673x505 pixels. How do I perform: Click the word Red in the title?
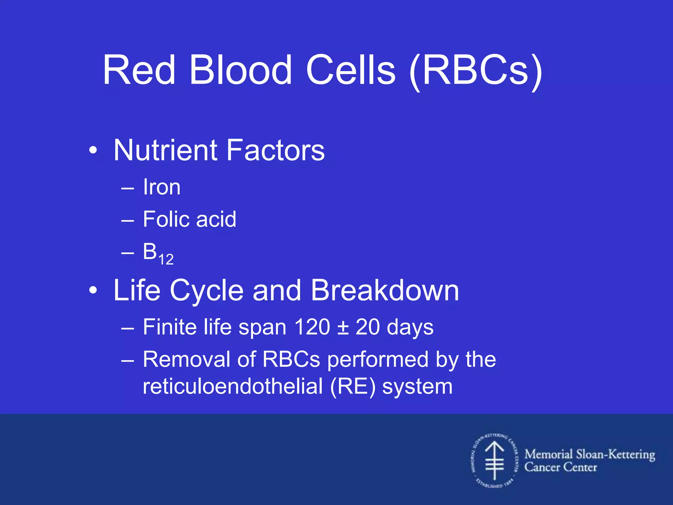[139, 70]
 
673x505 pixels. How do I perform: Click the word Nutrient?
[165, 150]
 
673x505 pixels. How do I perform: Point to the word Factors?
[276, 150]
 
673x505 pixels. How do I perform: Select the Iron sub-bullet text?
[162, 187]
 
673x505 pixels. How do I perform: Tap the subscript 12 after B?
[166, 260]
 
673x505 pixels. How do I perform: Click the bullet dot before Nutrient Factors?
[93, 151]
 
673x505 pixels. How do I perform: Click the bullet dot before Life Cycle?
[93, 291]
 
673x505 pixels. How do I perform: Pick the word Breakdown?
[385, 290]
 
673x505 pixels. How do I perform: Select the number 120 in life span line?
[312, 327]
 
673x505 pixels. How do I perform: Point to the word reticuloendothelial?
[233, 387]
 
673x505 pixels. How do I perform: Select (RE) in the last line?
[353, 387]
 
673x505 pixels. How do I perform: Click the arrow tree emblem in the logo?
[495, 460]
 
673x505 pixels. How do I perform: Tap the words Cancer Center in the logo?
[560, 467]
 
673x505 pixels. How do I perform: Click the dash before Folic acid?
[128, 220]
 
